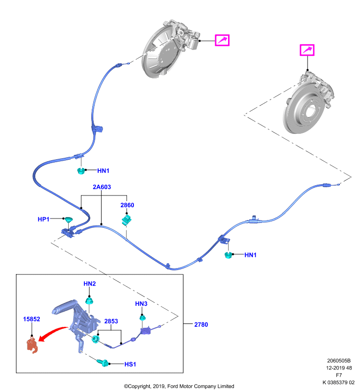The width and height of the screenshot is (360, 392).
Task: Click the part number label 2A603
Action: [102, 187]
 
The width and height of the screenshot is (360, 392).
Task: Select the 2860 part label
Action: [127, 205]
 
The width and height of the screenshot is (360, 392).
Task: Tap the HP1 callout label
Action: [44, 219]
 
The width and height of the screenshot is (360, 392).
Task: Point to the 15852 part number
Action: [31, 319]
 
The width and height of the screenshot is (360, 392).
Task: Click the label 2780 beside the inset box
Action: [201, 324]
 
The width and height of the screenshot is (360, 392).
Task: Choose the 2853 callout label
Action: [111, 321]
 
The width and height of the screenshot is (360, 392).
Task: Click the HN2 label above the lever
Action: [90, 284]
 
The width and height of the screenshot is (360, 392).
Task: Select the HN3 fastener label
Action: [141, 304]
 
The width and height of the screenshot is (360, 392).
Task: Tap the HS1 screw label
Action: [130, 364]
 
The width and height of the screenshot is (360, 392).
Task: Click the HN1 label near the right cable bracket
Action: [251, 255]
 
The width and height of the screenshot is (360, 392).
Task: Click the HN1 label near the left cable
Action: [103, 171]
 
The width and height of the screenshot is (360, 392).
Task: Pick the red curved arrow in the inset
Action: [52, 332]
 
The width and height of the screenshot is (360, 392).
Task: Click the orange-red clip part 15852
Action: [32, 345]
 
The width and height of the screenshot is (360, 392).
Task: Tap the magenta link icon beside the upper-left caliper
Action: [222, 40]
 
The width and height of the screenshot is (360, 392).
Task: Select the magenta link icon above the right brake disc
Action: [307, 50]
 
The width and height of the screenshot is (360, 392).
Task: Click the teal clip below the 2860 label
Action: [127, 220]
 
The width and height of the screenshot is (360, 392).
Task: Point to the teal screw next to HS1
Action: [103, 362]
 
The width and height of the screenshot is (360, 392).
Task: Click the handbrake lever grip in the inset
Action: [64, 307]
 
